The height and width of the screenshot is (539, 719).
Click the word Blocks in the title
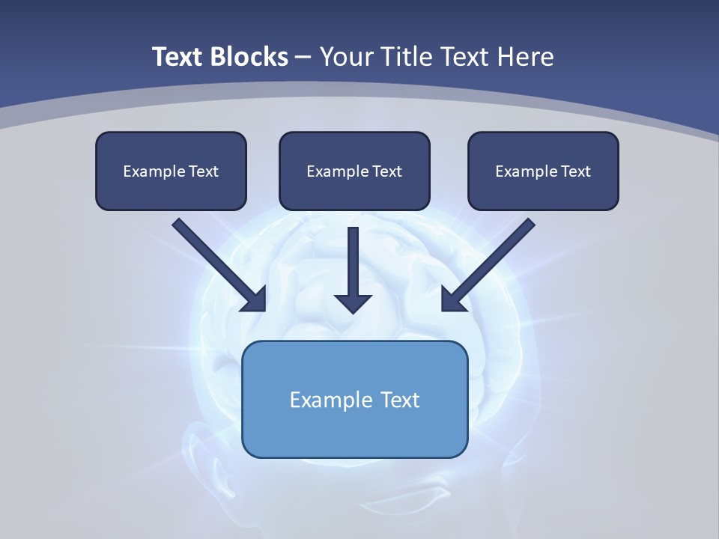(x=250, y=57)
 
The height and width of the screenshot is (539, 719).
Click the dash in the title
(x=303, y=58)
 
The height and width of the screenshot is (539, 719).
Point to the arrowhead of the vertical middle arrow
(x=353, y=304)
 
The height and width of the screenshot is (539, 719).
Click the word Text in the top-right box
(x=576, y=171)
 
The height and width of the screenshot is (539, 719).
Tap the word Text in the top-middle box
(x=387, y=171)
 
